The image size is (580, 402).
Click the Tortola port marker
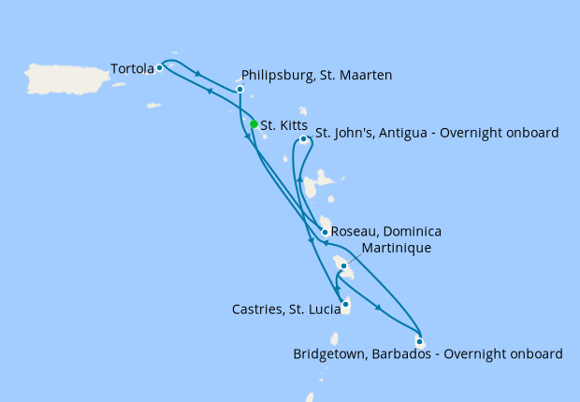(160, 67)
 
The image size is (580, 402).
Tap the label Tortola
(132, 68)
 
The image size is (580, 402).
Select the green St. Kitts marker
(254, 123)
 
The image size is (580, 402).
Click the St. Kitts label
(282, 124)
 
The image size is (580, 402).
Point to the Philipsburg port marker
(240, 90)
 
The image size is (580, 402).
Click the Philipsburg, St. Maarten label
(316, 75)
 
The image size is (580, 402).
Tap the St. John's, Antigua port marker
(303, 139)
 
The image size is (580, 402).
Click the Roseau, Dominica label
(386, 231)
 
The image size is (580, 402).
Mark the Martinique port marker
(344, 266)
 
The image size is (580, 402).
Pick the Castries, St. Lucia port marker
(346, 304)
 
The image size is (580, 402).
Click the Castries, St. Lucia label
(285, 308)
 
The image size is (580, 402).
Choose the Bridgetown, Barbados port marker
(419, 341)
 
